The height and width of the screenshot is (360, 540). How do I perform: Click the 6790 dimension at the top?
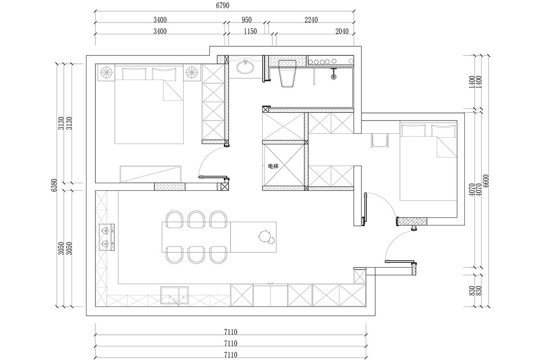pyautogui.click(x=222, y=5)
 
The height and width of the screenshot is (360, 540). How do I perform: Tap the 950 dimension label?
pyautogui.click(x=247, y=20)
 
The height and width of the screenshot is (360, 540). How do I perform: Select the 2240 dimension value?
pyautogui.click(x=311, y=20)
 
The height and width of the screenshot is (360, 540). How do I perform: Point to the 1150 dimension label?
pyautogui.click(x=250, y=31)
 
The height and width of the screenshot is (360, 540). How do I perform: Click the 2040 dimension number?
pyautogui.click(x=342, y=31)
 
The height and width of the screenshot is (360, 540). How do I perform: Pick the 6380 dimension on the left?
pyautogui.click(x=54, y=185)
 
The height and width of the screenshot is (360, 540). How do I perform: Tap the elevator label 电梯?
pyautogui.click(x=273, y=166)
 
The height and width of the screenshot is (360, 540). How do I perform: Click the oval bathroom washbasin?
pyautogui.click(x=245, y=67)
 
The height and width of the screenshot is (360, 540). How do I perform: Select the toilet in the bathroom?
pyautogui.click(x=287, y=73)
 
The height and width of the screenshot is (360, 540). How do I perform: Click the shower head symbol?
pyautogui.click(x=333, y=74)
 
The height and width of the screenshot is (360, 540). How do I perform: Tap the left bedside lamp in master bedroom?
pyautogui.click(x=107, y=72)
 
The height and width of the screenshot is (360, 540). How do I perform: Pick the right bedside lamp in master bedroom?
pyautogui.click(x=192, y=72)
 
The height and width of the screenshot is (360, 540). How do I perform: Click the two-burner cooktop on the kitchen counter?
pyautogui.click(x=107, y=237)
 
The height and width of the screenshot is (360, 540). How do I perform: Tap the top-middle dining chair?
pyautogui.click(x=196, y=219)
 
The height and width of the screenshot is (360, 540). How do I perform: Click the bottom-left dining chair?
pyautogui.click(x=174, y=255)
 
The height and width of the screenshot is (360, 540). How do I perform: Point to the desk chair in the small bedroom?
pyautogui.click(x=380, y=140)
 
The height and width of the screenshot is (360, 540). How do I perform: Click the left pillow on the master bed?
pyautogui.click(x=134, y=74)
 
